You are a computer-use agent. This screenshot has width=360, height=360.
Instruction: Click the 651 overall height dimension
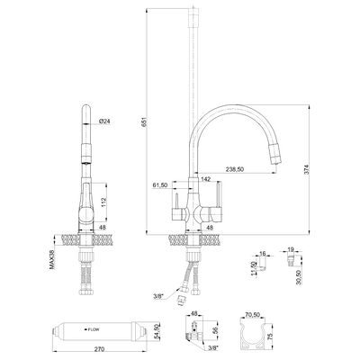click(144, 122)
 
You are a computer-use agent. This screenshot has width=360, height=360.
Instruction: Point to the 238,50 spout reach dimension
click(235, 169)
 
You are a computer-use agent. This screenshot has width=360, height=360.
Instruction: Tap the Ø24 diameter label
click(104, 121)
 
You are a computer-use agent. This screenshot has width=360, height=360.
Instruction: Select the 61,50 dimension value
click(159, 185)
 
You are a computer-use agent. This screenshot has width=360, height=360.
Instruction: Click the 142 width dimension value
click(205, 179)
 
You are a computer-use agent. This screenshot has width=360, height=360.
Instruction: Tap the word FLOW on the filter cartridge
click(94, 329)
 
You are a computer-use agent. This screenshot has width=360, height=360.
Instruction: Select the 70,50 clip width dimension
click(253, 315)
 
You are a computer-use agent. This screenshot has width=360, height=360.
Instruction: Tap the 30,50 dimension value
click(298, 277)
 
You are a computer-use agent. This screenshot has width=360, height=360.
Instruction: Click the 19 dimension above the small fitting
click(291, 249)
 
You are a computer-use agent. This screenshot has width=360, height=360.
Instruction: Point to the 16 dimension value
click(262, 254)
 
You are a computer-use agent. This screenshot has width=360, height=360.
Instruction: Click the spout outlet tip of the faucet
click(276, 162)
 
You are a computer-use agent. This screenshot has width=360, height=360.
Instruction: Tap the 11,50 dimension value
click(253, 268)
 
